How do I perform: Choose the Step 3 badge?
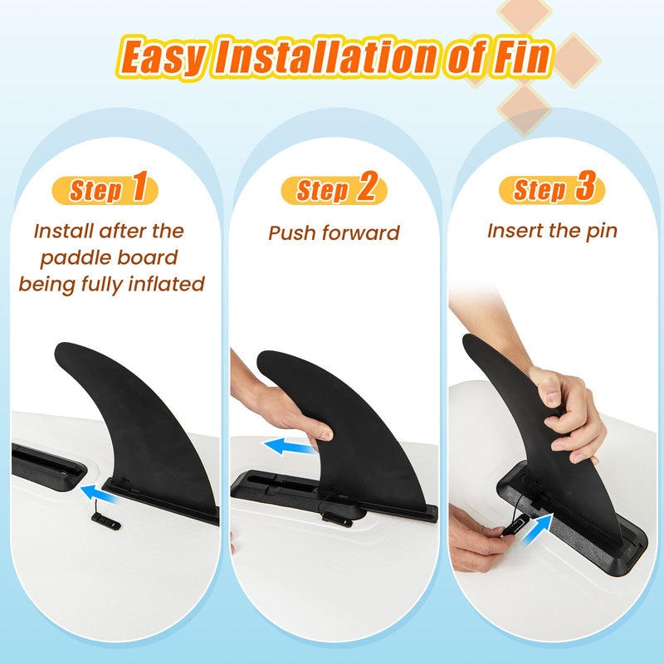[553, 190]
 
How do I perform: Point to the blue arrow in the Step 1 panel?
[99, 495]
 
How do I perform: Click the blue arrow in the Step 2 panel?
[290, 447]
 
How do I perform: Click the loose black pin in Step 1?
[105, 521]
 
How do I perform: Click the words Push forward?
[334, 233]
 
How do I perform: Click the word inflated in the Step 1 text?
[166, 284]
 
